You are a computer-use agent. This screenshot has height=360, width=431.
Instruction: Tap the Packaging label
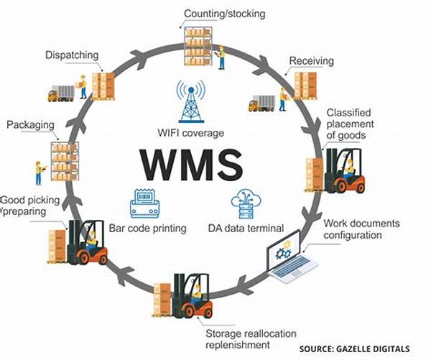[x=31, y=125]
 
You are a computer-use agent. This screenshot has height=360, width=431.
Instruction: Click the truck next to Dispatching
[x=61, y=93]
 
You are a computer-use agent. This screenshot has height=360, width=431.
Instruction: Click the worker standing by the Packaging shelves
[x=37, y=172]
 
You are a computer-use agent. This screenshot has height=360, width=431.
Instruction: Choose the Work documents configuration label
[x=363, y=229]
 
